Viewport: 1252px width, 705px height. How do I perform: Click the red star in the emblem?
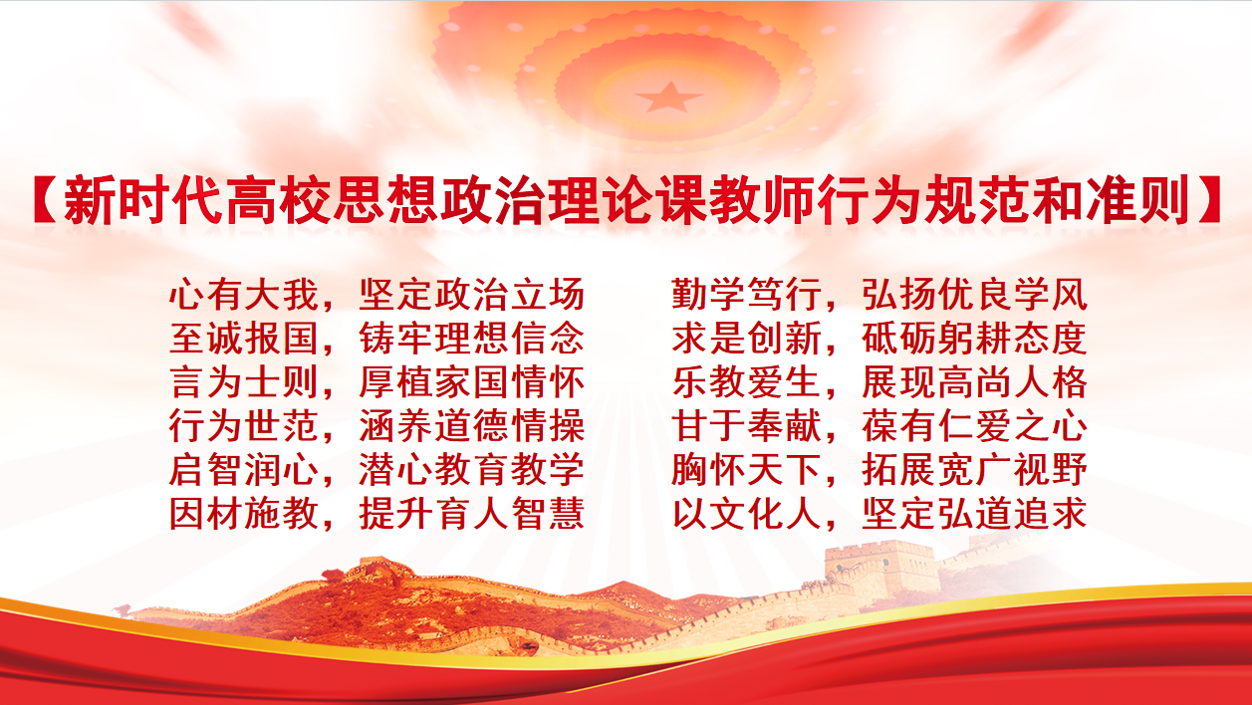point(669,98)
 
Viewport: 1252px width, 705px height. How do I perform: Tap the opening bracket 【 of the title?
point(45,200)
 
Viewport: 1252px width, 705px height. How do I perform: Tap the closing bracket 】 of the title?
point(1207,200)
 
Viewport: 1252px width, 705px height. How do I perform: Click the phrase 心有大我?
point(244,294)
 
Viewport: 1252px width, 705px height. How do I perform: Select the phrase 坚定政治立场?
point(472,294)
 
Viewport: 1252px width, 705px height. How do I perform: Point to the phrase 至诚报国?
point(244,338)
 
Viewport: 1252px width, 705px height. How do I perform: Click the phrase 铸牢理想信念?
point(472,338)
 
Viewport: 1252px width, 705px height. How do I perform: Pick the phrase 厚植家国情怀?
point(472,382)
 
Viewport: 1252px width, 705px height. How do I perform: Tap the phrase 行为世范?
point(244,425)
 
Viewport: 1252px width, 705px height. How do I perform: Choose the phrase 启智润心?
point(244,469)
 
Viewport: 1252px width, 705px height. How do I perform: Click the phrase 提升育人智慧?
point(472,514)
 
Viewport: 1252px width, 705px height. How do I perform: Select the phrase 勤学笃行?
point(747,294)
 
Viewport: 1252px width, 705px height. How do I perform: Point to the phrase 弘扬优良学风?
point(975,294)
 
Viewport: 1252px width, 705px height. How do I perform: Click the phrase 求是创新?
point(747,338)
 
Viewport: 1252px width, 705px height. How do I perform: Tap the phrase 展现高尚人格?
point(975,382)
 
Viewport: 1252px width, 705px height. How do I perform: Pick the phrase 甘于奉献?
point(747,425)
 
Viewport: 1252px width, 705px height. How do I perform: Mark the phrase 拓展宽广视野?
point(975,469)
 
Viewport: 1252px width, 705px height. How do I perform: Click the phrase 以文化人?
point(747,514)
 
